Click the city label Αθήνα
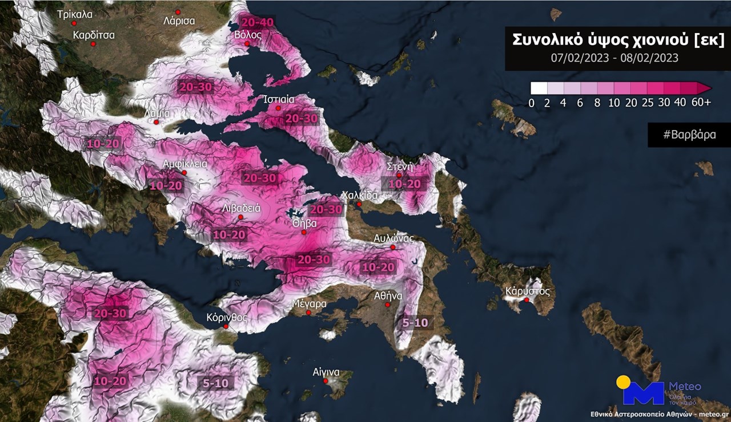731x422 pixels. tap(388, 296)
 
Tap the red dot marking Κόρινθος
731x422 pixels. tap(226, 327)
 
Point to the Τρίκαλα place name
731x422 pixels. tap(75, 14)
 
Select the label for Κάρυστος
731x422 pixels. tap(527, 291)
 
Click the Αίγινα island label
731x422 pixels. tap(326, 372)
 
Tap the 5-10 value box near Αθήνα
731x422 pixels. tap(415, 323)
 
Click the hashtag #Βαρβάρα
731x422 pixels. tap(689, 135)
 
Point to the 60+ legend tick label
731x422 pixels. tap(700, 103)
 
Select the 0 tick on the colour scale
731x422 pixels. tap(532, 103)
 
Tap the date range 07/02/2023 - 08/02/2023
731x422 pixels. tap(614, 58)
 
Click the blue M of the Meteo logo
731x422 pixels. tap(643, 393)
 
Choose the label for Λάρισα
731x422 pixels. tap(179, 21)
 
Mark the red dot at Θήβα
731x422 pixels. tap(304, 232)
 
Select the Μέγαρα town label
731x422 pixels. tap(308, 303)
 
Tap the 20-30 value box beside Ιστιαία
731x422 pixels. tap(301, 118)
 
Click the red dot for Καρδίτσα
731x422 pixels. tap(93, 44)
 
